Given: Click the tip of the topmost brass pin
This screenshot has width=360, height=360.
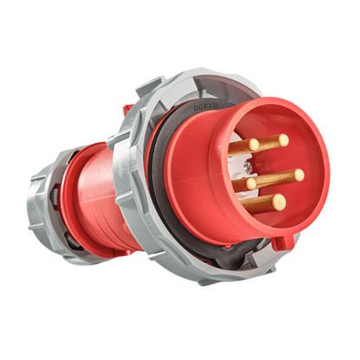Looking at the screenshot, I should click(x=283, y=138).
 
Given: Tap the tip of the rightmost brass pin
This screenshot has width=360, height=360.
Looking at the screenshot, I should click(x=299, y=174).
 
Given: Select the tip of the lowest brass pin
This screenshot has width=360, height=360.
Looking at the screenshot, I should click(x=280, y=202).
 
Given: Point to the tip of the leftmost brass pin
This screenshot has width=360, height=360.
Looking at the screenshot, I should click(x=250, y=183).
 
